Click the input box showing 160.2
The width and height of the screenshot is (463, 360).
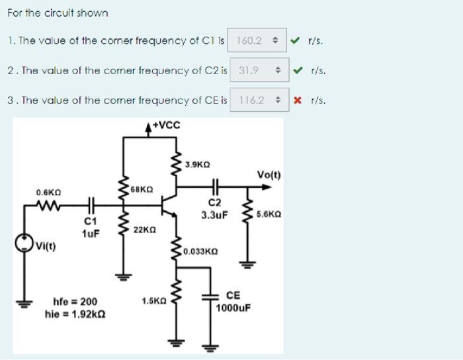pyautogui.click(x=256, y=40)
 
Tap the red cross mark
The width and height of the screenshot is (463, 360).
pyautogui.click(x=298, y=101)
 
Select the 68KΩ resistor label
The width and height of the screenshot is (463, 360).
pyautogui.click(x=143, y=189)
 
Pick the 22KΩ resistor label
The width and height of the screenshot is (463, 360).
pyautogui.click(x=144, y=230)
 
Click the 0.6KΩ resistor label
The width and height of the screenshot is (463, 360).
pyautogui.click(x=48, y=193)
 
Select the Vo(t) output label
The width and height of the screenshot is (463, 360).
pyautogui.click(x=269, y=175)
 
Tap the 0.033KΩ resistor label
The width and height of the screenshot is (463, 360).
pyautogui.click(x=200, y=251)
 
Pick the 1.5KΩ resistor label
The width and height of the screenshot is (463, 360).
pyautogui.click(x=153, y=301)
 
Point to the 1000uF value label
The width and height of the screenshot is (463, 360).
pyautogui.click(x=233, y=308)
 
